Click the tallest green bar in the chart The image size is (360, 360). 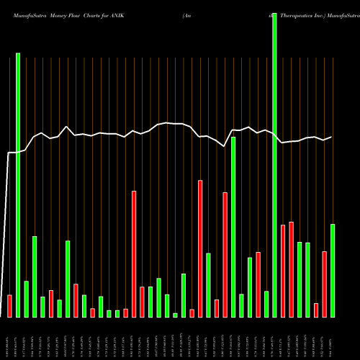coord(274,166)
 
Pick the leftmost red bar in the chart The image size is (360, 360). coord(9,306)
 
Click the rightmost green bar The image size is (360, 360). coord(333,271)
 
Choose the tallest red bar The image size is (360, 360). coord(200,248)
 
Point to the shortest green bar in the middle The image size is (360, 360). coord(175,315)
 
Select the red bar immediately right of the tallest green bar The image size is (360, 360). coord(283,271)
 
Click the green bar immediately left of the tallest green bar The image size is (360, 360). coord(266,304)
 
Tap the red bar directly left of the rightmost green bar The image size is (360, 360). coord(324,284)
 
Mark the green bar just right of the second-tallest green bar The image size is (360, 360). coord(26,299)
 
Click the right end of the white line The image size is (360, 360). coord(332,137)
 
